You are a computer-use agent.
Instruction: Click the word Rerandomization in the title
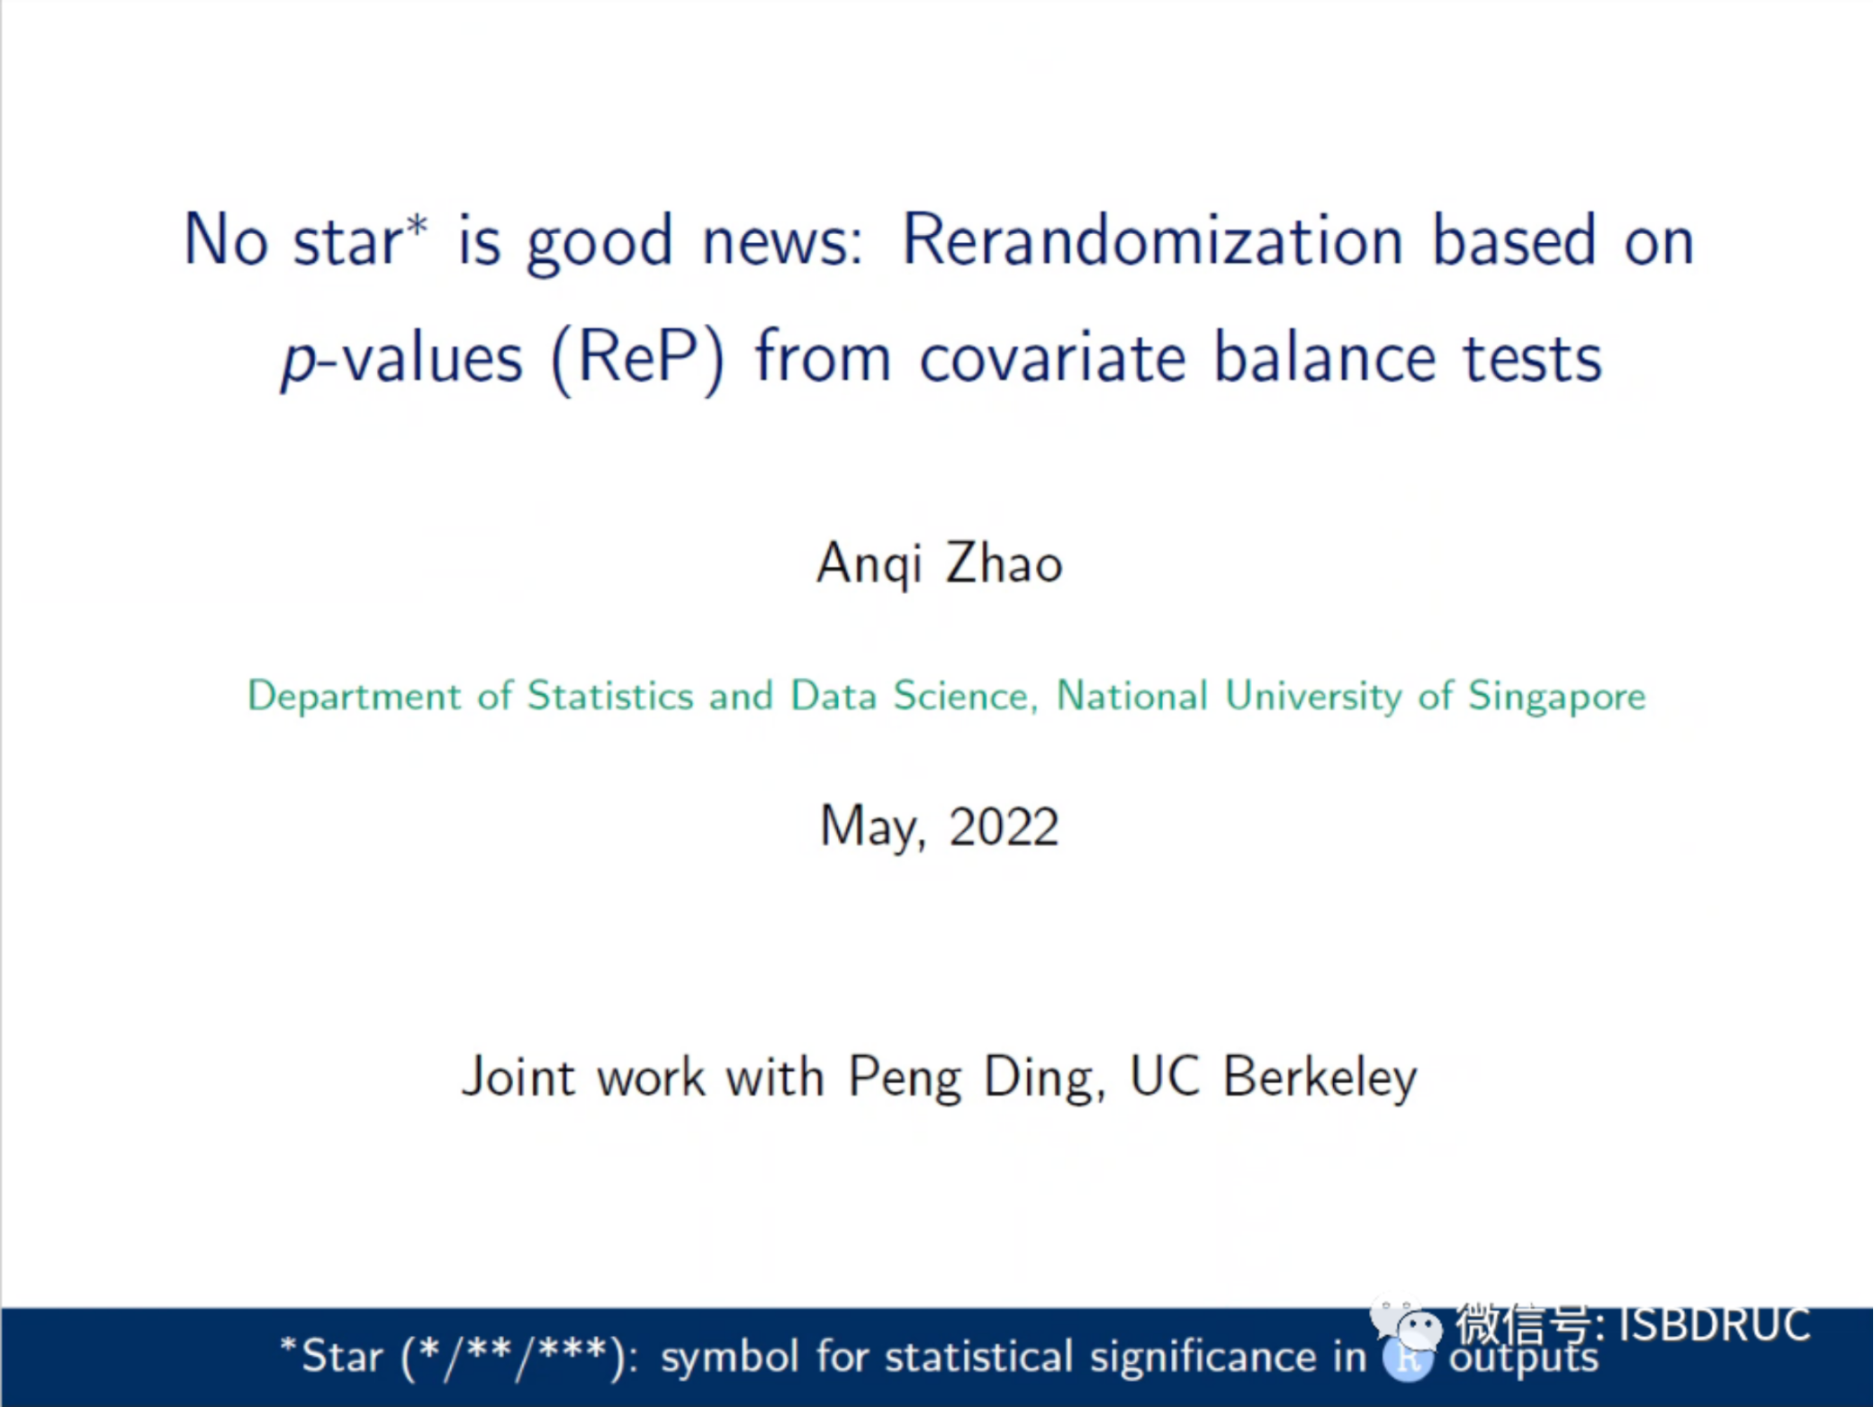point(1152,240)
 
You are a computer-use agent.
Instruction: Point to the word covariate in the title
point(1052,358)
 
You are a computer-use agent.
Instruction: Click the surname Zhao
point(1004,564)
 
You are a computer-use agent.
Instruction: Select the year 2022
point(1004,826)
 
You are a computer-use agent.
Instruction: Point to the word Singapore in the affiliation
point(1557,696)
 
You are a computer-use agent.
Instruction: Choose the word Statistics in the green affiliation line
point(610,695)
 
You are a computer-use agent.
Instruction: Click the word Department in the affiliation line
point(355,697)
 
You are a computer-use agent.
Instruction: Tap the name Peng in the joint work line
point(905,1078)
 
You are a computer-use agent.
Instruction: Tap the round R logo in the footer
point(1408,1359)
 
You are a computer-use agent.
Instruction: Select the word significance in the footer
point(1203,1357)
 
